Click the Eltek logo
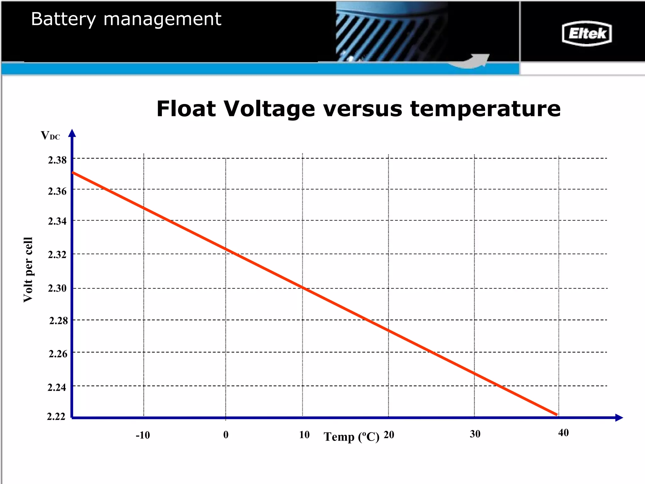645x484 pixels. [x=586, y=33]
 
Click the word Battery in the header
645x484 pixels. [x=63, y=19]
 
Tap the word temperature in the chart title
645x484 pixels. [x=485, y=109]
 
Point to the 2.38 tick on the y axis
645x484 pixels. [x=57, y=160]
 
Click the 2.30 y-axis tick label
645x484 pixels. [x=57, y=288]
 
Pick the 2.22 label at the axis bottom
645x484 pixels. [x=56, y=416]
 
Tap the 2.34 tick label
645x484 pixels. [x=57, y=221]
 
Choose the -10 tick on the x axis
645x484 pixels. [x=143, y=435]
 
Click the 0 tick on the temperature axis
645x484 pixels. [x=226, y=435]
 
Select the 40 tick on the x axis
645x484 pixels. [x=563, y=433]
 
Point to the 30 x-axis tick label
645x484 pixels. [x=475, y=434]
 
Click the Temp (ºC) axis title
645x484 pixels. [x=351, y=437]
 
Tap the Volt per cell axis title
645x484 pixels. [x=28, y=270]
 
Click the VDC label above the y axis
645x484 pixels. [x=50, y=135]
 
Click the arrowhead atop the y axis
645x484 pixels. [x=72, y=133]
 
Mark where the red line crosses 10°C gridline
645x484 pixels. [x=303, y=287]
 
